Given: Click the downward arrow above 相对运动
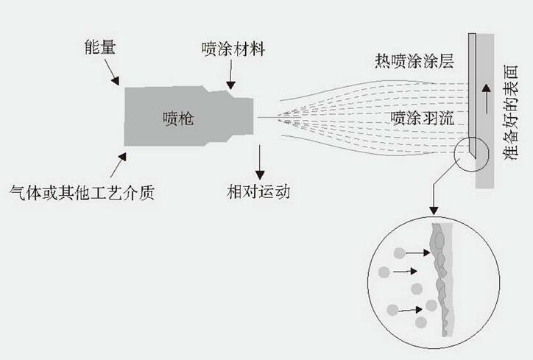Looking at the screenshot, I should [260, 157].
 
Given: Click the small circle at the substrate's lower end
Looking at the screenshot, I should [469, 150].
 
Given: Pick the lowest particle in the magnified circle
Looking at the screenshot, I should [420, 322].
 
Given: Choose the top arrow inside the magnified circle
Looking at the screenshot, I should [418, 253].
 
